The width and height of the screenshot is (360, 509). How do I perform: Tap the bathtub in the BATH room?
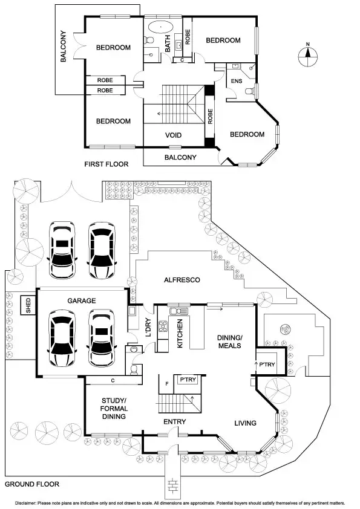[x=160, y=26]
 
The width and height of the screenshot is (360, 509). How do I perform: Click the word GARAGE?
[x=82, y=300]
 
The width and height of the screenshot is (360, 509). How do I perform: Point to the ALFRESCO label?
[x=182, y=280]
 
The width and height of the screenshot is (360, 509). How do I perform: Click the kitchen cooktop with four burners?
[x=163, y=327]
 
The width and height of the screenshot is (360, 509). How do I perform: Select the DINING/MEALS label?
[x=229, y=342]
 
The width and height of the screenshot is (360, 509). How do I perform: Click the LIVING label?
[x=245, y=423]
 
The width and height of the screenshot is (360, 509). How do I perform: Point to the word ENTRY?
[x=174, y=421]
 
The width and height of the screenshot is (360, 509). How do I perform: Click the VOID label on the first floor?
[x=174, y=135]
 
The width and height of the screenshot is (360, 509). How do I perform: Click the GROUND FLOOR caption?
[x=32, y=484]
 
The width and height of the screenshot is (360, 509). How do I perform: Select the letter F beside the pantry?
[x=166, y=383]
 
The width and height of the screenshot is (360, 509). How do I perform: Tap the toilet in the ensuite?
[x=249, y=91]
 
